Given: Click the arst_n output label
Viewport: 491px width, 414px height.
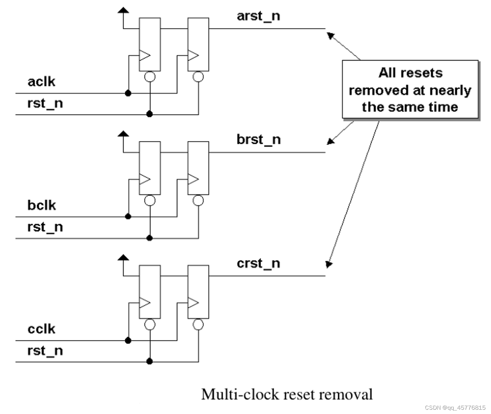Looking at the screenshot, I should point(258,16).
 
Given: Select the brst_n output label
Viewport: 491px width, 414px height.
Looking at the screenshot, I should point(259,140).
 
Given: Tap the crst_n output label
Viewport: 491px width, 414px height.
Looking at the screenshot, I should point(258,264).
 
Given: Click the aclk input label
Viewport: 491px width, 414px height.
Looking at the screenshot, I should point(41,82).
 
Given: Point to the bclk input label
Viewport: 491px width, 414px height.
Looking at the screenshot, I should point(42,205).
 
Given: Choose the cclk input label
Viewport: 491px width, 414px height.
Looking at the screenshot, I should point(41,329).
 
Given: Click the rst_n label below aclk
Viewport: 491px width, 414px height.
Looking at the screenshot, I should point(45,103).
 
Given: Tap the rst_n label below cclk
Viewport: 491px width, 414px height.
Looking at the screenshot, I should point(45,351).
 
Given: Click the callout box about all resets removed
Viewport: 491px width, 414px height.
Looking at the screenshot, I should point(410,89).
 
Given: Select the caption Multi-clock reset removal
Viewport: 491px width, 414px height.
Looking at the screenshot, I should point(287,394).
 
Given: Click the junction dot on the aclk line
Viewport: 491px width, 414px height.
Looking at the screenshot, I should point(128,93).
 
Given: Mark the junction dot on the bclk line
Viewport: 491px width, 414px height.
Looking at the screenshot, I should point(128,217).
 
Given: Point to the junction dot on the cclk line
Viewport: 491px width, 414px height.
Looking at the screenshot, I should point(128,341).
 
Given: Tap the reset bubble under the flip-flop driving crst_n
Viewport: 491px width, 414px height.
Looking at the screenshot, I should point(198,325).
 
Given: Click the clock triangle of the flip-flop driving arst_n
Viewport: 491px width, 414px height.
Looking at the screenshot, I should point(193,56).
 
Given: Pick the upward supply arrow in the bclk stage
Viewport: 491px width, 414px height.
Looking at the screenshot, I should point(123,134).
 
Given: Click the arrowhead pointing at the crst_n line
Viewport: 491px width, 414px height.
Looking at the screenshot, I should point(328,264).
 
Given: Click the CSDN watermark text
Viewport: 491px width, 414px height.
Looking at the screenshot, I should point(455,408).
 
